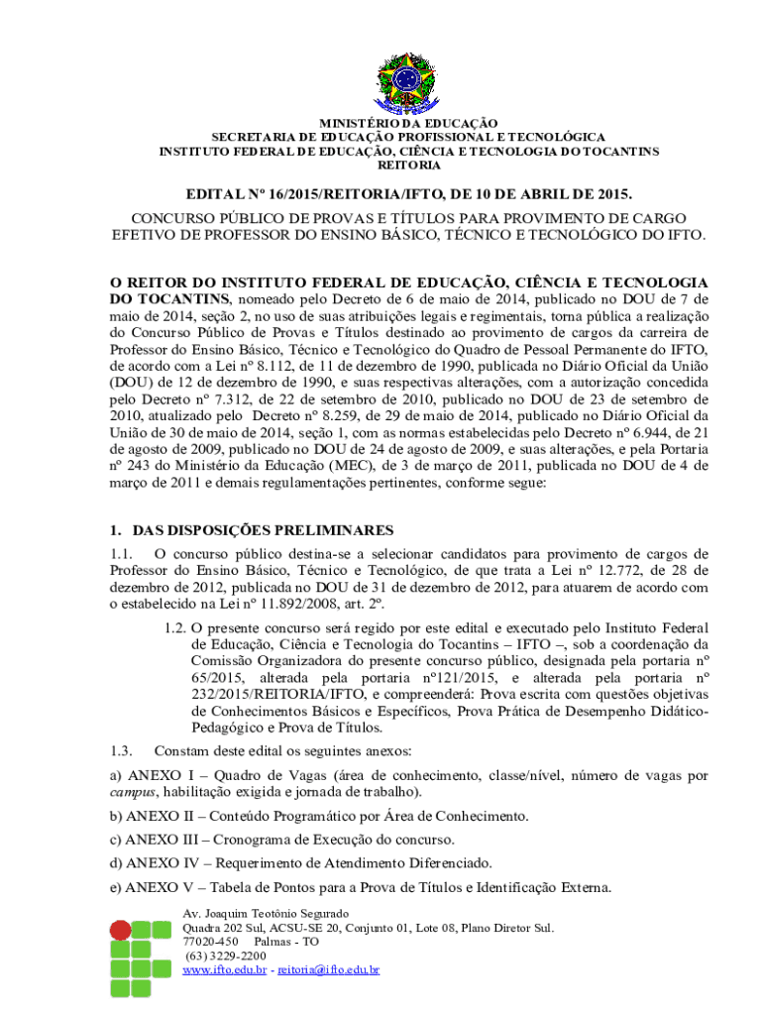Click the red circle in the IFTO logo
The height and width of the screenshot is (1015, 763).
120,931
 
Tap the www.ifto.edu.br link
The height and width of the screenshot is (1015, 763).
225,970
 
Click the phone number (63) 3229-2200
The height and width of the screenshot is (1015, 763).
225,956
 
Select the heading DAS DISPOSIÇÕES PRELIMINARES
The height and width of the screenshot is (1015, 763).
263,529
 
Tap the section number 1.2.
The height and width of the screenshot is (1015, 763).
174,628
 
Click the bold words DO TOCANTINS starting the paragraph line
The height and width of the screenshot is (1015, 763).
167,298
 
